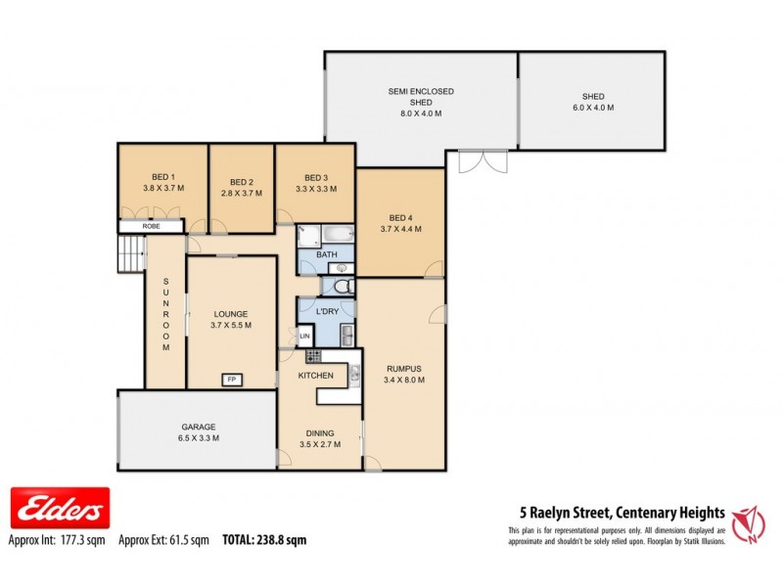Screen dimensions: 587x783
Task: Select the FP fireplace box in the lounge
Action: pos(233,379)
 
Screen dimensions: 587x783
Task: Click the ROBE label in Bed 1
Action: pos(151,226)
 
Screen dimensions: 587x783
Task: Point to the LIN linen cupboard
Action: pos(304,337)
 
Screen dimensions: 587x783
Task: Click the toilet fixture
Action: pos(339,286)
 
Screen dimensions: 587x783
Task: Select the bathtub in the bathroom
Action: pos(335,235)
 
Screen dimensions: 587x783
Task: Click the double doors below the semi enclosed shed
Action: pos(482,160)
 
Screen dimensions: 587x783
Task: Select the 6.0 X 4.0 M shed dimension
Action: pos(592,107)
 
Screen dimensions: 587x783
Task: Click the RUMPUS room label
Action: pos(403,368)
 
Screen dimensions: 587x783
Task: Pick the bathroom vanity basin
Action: pos(328,265)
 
